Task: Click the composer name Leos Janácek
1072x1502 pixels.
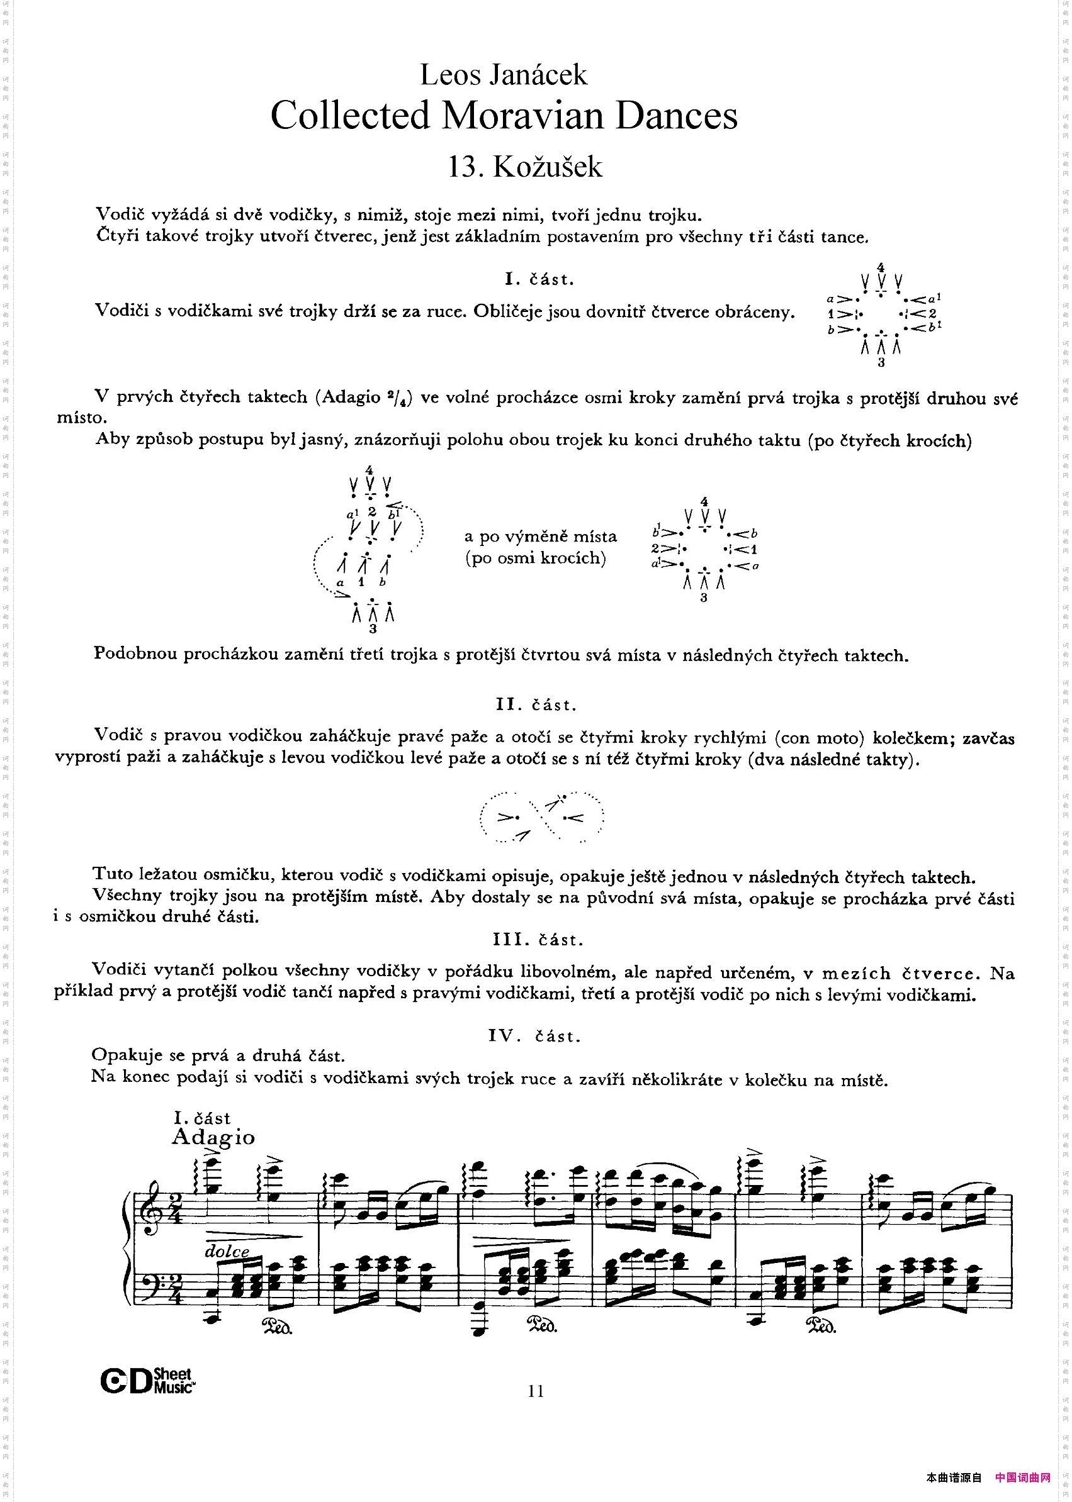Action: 503,75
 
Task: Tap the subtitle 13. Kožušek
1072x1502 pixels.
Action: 525,167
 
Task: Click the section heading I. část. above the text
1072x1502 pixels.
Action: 539,279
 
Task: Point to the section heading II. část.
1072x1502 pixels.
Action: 536,704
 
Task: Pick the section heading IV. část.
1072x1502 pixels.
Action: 534,1036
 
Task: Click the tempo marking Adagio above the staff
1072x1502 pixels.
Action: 213,1137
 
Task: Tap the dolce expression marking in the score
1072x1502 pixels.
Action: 227,1250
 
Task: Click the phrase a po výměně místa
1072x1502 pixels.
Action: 540,537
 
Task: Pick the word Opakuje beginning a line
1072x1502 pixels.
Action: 124,1055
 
